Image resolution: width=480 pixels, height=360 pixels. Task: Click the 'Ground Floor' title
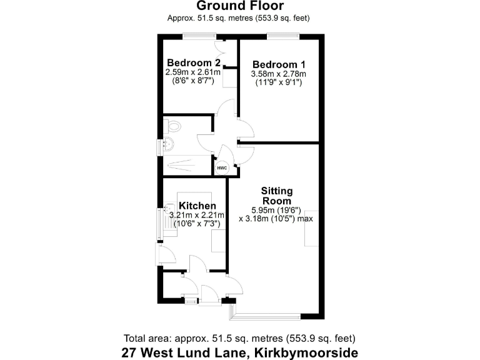coord(239,7)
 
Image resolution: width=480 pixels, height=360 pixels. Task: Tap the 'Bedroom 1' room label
coord(278,64)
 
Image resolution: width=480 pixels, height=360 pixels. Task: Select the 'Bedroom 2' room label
coord(193,62)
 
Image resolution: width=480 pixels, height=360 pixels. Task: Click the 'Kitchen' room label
coord(197,206)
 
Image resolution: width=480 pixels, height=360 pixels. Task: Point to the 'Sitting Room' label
coord(276,196)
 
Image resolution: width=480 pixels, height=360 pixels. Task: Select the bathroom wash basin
coord(169,146)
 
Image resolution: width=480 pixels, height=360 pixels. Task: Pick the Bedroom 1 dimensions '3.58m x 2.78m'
coord(278,74)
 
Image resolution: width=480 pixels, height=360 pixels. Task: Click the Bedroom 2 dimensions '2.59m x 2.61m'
coord(193,72)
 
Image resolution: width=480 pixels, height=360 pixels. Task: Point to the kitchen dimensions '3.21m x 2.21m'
coord(197,215)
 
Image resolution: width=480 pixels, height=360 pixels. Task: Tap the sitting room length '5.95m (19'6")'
coord(276,210)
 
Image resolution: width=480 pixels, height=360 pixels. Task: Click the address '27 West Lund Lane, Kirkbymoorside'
coord(241,352)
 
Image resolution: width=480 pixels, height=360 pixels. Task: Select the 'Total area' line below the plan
coord(240,338)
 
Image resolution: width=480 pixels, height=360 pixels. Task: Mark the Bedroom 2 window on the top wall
coord(198,35)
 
